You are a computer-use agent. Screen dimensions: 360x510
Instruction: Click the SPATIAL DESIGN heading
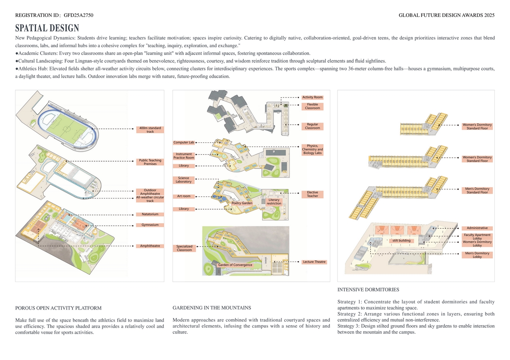pos(47,28)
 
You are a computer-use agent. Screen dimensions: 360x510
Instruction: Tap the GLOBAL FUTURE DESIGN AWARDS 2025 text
pos(446,15)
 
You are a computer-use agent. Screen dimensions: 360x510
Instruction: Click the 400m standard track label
pos(150,130)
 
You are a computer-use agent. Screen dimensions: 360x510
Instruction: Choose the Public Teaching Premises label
pos(150,162)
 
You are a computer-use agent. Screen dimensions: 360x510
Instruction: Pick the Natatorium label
pos(150,214)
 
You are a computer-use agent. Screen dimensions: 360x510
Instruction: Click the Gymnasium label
pos(150,225)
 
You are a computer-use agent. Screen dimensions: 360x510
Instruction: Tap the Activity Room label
pos(312,97)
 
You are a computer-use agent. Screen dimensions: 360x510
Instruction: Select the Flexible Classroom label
pos(312,106)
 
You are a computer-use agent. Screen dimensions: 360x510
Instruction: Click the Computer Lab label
pos(184,142)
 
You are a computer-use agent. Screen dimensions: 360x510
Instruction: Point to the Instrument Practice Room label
pos(184,156)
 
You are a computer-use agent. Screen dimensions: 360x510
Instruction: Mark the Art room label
pos(184,196)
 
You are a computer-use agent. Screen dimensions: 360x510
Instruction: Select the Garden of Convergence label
pos(235,265)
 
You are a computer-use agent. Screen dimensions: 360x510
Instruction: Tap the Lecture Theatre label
pos(314,262)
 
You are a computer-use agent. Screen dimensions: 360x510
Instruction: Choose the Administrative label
pos(477,228)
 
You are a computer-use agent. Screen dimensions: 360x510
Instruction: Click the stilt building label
pos(402,241)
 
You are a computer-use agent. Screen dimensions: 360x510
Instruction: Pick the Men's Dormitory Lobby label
pos(477,255)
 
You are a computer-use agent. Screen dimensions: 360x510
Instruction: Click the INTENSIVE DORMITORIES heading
pos(368,290)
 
